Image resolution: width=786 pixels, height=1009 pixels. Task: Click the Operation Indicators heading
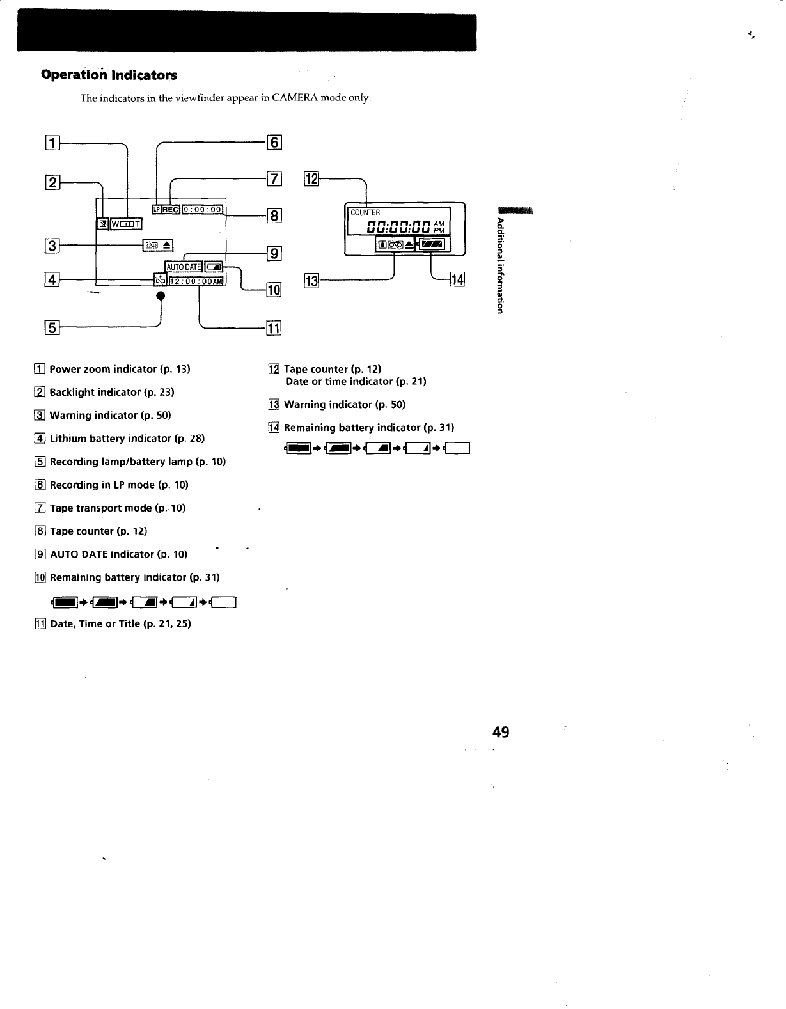pos(109,75)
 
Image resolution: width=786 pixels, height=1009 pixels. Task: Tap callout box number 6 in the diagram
pos(273,143)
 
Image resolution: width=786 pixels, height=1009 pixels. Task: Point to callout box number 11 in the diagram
pos(273,329)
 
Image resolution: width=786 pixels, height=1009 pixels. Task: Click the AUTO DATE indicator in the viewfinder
pos(184,267)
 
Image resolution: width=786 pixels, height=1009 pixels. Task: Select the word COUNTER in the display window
pos(365,213)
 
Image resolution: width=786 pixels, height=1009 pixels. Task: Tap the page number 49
pos(501,732)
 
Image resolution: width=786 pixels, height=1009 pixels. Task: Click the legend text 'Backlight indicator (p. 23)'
pos(112,392)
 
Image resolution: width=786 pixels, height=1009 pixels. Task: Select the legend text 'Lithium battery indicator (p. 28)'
pos(127,439)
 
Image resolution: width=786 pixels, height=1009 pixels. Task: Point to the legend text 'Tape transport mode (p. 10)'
pos(118,508)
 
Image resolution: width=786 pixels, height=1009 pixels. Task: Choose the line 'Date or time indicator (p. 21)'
pos(356,381)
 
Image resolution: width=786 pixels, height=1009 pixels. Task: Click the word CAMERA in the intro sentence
pos(294,98)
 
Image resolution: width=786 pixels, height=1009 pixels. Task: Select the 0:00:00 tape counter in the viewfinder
pos(203,209)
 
